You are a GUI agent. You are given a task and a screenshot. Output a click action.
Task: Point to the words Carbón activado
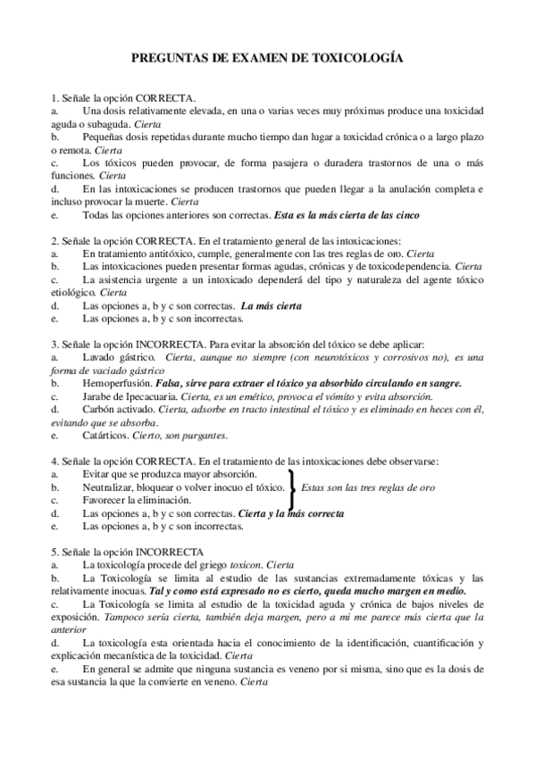[115, 409]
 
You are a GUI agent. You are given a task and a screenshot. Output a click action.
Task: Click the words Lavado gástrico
[113, 357]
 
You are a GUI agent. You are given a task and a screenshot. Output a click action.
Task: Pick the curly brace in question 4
[291, 487]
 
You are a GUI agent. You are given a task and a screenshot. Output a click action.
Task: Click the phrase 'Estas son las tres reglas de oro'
[369, 487]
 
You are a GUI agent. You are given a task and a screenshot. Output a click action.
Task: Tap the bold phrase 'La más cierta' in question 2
[271, 305]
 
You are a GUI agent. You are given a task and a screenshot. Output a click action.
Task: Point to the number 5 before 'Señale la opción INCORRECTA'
[54, 552]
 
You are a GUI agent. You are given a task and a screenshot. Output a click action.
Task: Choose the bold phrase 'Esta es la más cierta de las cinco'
[347, 214]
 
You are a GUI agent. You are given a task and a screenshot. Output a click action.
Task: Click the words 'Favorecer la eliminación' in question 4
[135, 501]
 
